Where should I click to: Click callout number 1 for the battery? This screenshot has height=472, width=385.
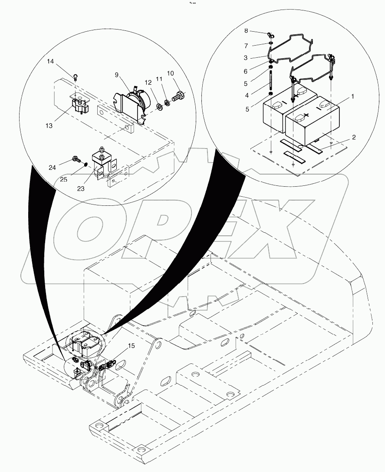coord(352,97)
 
